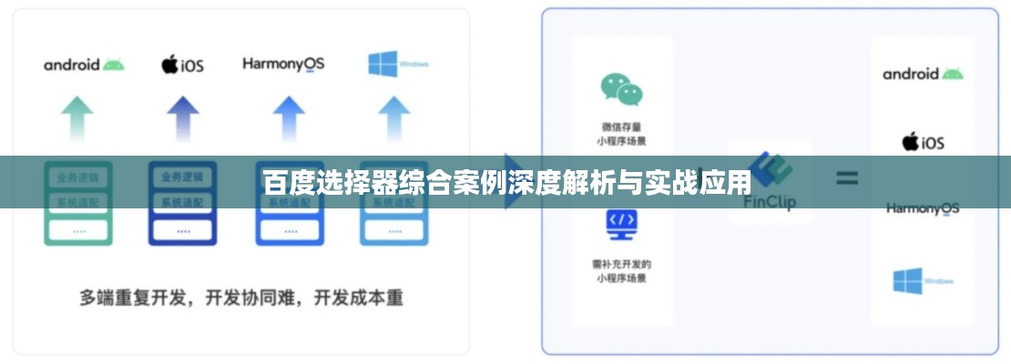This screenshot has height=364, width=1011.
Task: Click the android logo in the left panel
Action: [x=83, y=65]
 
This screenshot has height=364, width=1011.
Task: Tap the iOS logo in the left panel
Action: [x=182, y=65]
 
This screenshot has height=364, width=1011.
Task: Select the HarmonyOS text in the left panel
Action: [x=283, y=64]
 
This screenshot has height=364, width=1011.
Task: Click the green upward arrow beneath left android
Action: [x=77, y=118]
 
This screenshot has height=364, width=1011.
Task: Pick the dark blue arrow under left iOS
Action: [x=183, y=118]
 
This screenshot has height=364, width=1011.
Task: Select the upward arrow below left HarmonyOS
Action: [x=289, y=118]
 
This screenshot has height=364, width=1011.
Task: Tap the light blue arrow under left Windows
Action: [x=394, y=118]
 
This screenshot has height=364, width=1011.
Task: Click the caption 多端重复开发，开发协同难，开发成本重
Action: [x=240, y=298]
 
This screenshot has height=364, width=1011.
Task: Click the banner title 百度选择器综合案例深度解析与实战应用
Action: [x=505, y=183]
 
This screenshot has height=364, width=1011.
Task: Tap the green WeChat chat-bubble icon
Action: [x=621, y=89]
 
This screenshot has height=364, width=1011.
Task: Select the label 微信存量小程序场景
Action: [x=621, y=134]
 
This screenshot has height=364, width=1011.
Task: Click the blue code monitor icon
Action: [x=621, y=224]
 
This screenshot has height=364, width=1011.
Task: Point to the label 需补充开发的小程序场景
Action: [x=621, y=271]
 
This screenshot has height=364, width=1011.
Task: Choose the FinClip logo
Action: [x=770, y=182]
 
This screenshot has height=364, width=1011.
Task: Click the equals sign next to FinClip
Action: [x=847, y=178]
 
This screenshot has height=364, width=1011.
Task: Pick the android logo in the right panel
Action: [x=922, y=74]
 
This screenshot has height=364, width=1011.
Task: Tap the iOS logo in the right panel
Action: [x=923, y=142]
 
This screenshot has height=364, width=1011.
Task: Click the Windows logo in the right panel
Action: [x=923, y=281]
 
